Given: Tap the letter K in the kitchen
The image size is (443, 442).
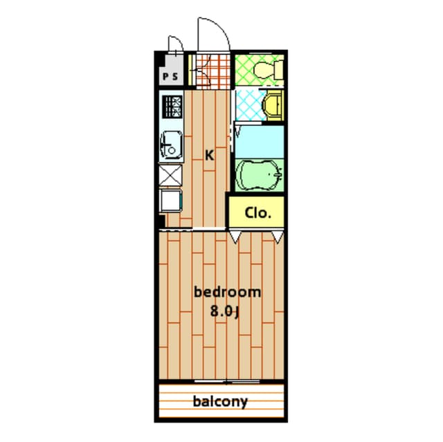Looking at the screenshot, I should pyautogui.click(x=209, y=156).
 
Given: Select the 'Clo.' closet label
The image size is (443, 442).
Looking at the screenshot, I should pyautogui.click(x=257, y=212).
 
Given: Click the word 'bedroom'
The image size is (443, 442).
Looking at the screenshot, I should pyautogui.click(x=227, y=292).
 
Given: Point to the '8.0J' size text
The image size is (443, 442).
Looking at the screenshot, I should pyautogui.click(x=226, y=311).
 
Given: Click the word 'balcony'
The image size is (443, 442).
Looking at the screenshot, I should pyautogui.click(x=220, y=401).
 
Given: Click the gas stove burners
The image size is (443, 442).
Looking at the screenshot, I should pyautogui.click(x=172, y=107).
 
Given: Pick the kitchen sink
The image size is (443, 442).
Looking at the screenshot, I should pyautogui.click(x=171, y=145).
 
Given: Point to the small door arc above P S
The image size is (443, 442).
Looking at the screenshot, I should pyautogui.click(x=175, y=45).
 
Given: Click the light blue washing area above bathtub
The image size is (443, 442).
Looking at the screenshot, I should pyautogui.click(x=259, y=140).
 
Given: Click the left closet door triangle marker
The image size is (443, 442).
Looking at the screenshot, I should pyautogui.click(x=236, y=237).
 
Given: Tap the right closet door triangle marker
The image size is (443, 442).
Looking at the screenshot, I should pyautogui.click(x=278, y=237).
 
